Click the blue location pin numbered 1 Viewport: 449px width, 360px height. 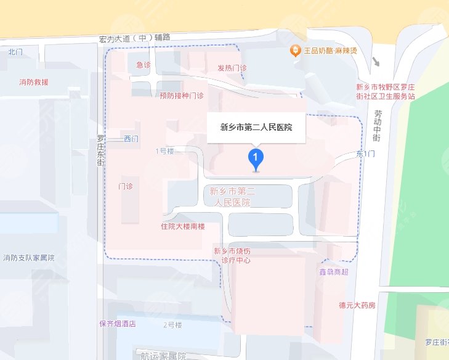click(256, 158)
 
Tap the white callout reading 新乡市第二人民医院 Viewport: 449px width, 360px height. click(256, 128)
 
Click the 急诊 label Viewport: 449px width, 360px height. click(144, 65)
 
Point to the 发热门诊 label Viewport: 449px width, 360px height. click(232, 68)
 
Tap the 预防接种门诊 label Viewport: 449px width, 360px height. click(181, 96)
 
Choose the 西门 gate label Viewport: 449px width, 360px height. click(131, 139)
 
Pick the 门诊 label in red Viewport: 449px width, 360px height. click(126, 186)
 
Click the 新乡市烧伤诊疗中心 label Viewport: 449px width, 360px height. click(232, 255)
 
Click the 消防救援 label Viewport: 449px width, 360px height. click(34, 82)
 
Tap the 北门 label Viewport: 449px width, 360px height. click(15, 52)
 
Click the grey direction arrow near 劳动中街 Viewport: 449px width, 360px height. click(376, 62)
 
